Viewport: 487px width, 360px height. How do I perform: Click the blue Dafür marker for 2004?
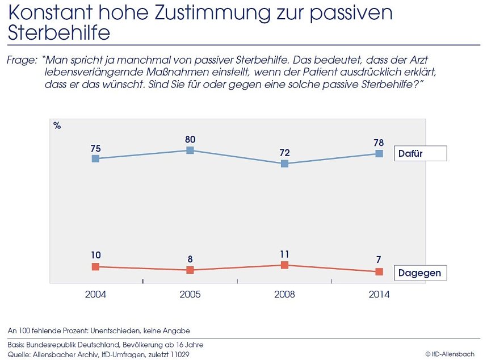pos(95,158)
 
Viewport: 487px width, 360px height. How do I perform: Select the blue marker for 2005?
pos(190,150)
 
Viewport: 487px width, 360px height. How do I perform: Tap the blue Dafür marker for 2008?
pos(285,164)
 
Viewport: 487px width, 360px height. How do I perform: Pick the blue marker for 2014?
pos(379,153)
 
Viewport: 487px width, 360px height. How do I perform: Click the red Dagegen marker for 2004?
pos(95,266)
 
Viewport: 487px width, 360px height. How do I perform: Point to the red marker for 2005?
pos(190,270)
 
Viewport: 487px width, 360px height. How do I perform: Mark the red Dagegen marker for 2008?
pos(285,265)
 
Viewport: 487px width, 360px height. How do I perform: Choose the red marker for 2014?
pos(379,271)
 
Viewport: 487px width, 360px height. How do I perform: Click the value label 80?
pos(190,139)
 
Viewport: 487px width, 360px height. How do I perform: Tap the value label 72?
pos(285,153)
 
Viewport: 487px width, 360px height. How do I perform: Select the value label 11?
pos(285,254)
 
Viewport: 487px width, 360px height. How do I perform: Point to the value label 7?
pos(379,259)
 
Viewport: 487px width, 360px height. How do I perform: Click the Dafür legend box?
pos(419,153)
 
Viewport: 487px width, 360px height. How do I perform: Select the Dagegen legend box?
pos(419,273)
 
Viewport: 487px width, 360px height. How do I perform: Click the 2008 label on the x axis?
pos(285,294)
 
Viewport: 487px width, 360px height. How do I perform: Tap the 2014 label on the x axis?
pos(379,294)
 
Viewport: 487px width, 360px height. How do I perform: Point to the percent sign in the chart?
pos(57,126)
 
